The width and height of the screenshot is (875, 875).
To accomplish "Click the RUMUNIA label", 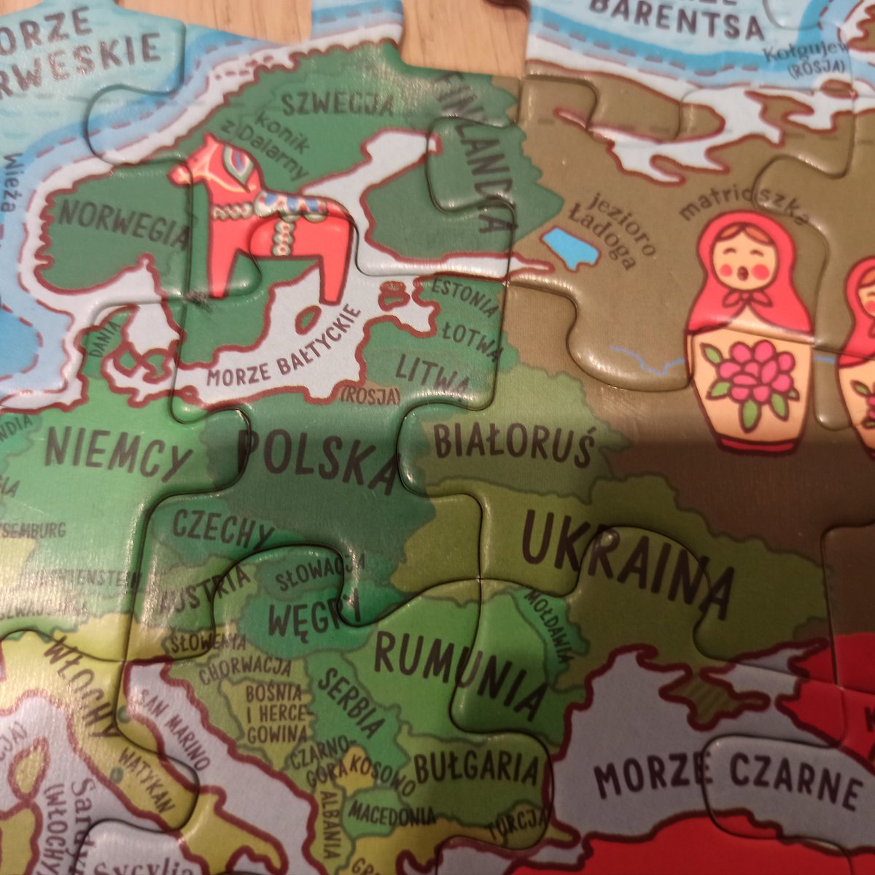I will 459,674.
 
